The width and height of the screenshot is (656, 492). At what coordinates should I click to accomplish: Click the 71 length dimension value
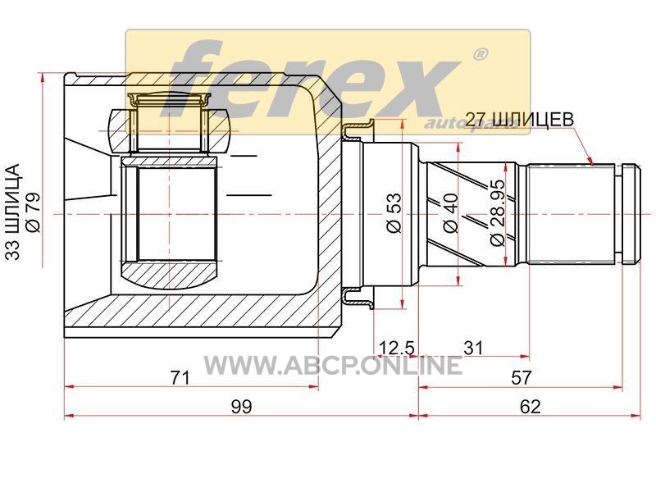click(x=180, y=378)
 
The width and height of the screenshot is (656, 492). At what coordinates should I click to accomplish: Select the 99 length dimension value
click(x=241, y=406)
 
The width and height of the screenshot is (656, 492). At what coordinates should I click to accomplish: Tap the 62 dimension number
click(x=530, y=406)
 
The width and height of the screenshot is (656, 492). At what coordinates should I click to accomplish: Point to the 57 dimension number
click(x=521, y=378)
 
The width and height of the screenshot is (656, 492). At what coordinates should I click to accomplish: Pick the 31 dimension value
click(x=474, y=348)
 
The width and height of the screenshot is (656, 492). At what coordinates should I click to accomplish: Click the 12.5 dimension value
click(x=396, y=348)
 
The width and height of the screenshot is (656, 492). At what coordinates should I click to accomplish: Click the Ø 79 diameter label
click(x=33, y=212)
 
